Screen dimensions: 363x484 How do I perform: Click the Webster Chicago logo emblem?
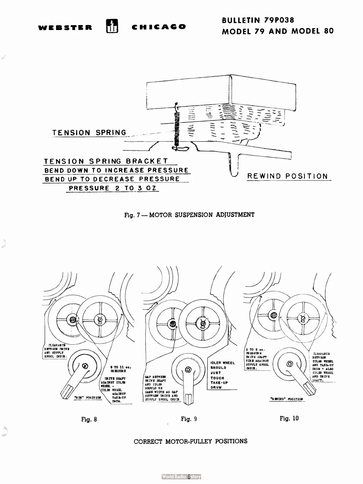click(111, 26)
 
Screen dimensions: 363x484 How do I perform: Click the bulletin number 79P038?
click(278, 20)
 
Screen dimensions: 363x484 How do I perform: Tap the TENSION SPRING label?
click(90, 133)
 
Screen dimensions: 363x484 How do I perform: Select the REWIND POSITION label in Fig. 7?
click(287, 176)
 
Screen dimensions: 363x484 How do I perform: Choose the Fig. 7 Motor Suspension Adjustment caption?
click(189, 214)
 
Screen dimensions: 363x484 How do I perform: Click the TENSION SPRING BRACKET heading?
click(106, 161)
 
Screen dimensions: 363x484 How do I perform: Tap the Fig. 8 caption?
click(89, 419)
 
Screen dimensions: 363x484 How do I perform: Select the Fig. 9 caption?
click(189, 419)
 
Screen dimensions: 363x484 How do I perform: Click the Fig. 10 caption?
click(289, 418)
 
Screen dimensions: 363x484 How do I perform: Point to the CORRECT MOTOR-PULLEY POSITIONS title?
click(190, 441)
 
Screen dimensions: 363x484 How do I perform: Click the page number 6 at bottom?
click(188, 477)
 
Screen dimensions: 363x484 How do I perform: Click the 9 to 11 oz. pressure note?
click(121, 369)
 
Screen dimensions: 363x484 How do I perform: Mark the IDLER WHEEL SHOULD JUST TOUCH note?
click(222, 375)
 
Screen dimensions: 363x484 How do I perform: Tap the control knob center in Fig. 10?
click(290, 364)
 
